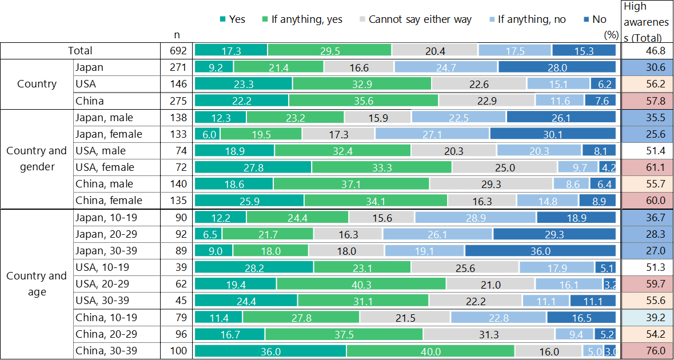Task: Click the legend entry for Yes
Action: [x=232, y=19]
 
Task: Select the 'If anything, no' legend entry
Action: [x=526, y=19]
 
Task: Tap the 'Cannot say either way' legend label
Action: [x=414, y=19]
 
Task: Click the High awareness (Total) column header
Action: [x=643, y=22]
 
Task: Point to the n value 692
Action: [x=177, y=51]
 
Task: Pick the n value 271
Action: [x=177, y=67]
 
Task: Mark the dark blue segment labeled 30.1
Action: [x=553, y=134]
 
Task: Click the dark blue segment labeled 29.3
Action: [x=555, y=234]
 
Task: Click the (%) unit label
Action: [x=611, y=34]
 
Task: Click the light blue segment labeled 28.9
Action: [x=476, y=218]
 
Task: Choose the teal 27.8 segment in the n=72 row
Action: [x=253, y=167]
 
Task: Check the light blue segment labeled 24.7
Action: [x=446, y=67]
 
